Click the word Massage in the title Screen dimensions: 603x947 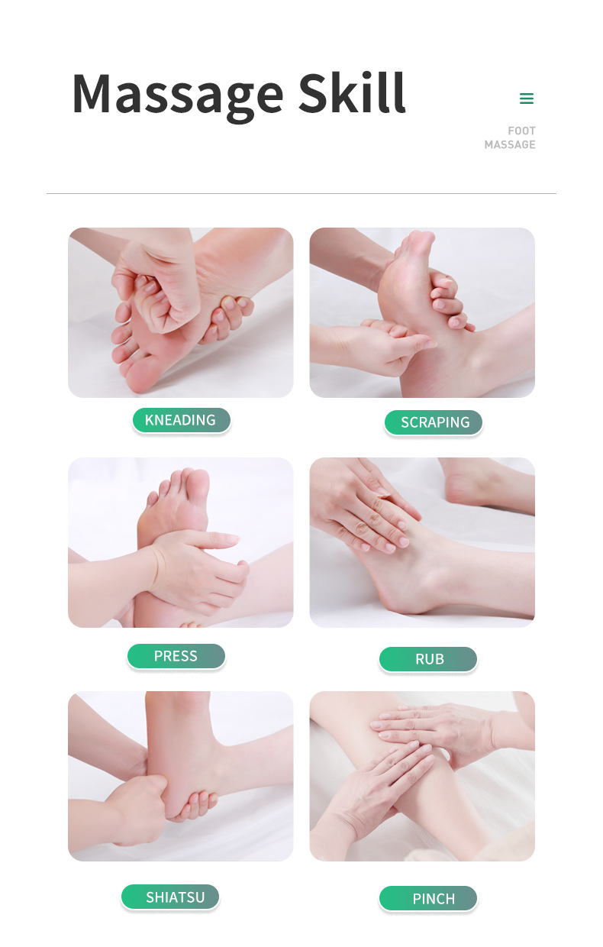point(178,96)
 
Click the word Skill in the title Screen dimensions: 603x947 point(352,93)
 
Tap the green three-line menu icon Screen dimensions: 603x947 point(527,99)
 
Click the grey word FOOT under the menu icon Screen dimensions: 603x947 point(521,131)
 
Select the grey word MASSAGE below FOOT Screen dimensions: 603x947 point(510,144)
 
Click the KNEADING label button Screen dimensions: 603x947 point(181,420)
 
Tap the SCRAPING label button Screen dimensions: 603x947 point(433,422)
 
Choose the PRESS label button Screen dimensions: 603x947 point(176,656)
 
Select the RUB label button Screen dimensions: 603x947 point(428,659)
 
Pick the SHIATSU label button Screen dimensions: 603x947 point(170,897)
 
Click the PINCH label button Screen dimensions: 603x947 point(428,899)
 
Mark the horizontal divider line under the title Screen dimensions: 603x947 point(301,194)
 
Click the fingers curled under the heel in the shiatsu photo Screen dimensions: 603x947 point(195,806)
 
